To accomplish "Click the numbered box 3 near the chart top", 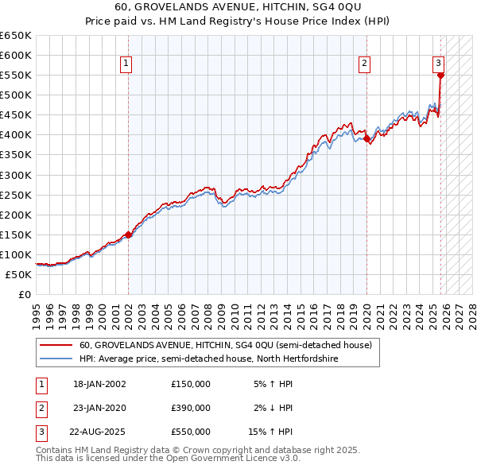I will tap(438, 64).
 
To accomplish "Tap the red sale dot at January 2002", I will tap(128, 234).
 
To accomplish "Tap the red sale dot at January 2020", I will tap(366, 139).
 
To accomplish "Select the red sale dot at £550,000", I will tap(441, 76).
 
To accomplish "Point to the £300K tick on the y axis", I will tap(17, 175).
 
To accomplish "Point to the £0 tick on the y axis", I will tap(25, 295).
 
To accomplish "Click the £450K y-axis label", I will tap(17, 114).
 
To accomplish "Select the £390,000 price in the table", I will tap(191, 408).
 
